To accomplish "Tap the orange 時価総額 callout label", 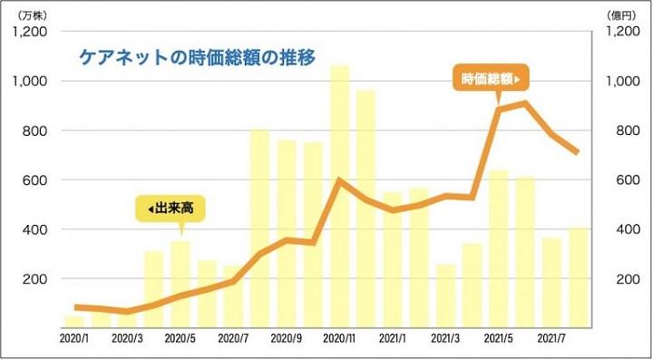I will tap(491, 80).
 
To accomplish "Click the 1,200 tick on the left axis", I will tap(30, 32).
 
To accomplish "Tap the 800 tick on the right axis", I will tap(614, 131).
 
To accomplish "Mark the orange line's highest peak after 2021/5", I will tap(525, 102).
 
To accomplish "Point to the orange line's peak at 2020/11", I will tap(339, 180).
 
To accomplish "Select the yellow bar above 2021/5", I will tap(499, 247).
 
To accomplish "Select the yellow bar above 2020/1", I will tap(73, 320).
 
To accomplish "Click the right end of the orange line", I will tap(578, 152).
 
